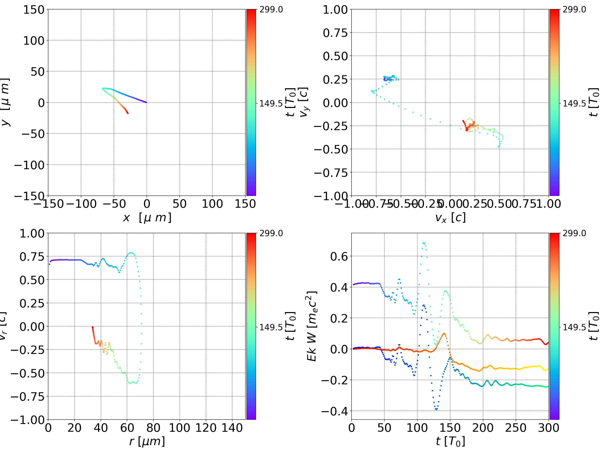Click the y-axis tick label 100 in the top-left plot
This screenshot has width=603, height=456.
click(33, 41)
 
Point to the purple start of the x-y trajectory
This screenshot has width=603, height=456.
click(146, 102)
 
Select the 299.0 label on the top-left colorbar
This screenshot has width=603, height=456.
click(271, 10)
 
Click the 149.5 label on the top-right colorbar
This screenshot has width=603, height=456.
click(574, 104)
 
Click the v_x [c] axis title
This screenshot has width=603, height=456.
click(450, 218)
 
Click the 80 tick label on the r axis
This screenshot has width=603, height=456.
click(153, 428)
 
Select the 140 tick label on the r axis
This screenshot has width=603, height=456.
click(232, 428)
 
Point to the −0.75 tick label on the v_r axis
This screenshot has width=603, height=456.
click(27, 396)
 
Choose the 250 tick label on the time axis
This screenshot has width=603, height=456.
click(516, 428)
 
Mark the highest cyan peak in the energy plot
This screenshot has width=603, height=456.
click(424, 242)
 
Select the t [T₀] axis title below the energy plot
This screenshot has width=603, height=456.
click(450, 441)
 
